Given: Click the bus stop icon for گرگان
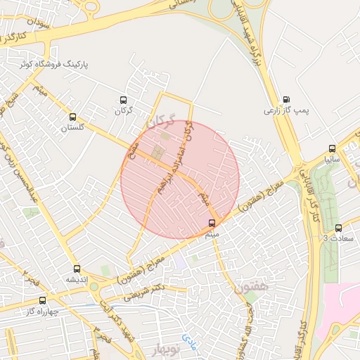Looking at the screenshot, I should tap(124, 100).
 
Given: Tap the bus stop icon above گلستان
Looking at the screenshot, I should tap(73, 117).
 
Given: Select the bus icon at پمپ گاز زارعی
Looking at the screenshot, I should tap(286, 100).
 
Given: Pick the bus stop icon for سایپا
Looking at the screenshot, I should tap(333, 149).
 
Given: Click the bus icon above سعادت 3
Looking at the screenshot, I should tap(338, 228).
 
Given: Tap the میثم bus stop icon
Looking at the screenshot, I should tap(212, 223).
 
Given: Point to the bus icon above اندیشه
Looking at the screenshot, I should tap(77, 269).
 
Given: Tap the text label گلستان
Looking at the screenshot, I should tap(73, 127).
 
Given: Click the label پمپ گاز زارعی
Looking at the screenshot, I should tap(286, 110).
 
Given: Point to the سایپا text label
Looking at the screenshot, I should tap(332, 160).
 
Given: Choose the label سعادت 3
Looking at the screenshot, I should tap(335, 238).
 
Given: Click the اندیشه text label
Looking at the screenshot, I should tap(77, 279).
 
